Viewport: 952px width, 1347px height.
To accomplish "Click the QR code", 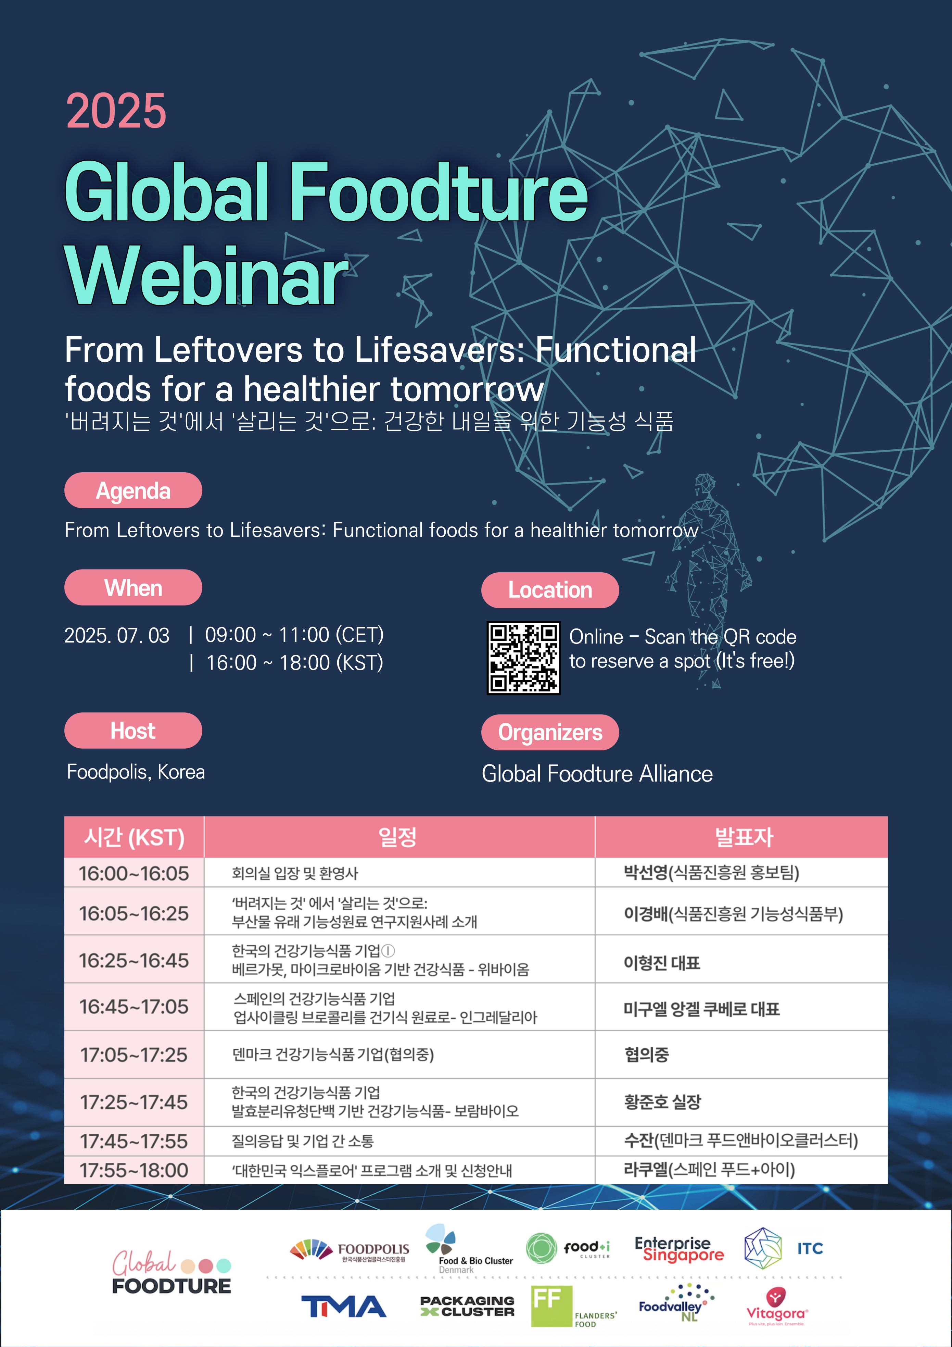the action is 524,658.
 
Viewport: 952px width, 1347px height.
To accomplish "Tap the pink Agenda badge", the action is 133,490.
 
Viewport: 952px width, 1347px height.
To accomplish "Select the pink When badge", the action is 133,587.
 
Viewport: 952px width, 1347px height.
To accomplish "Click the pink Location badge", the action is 550,590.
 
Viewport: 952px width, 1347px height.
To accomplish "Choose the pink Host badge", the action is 133,731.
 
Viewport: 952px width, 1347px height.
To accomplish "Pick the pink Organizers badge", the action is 550,732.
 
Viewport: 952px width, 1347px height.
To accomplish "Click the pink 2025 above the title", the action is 116,111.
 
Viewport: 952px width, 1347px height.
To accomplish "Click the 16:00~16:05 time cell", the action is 134,873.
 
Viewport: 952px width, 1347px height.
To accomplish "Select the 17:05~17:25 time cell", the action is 134,1054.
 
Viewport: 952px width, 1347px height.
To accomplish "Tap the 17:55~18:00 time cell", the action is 134,1170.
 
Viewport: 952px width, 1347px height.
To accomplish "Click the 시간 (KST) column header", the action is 134,837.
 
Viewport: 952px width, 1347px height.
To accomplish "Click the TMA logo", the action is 344,1307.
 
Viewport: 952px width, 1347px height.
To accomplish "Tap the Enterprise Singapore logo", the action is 679,1249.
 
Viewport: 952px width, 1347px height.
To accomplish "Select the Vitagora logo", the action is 777,1307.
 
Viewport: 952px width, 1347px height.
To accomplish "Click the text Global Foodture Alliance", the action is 597,774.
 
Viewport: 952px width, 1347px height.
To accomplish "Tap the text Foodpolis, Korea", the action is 136,772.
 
